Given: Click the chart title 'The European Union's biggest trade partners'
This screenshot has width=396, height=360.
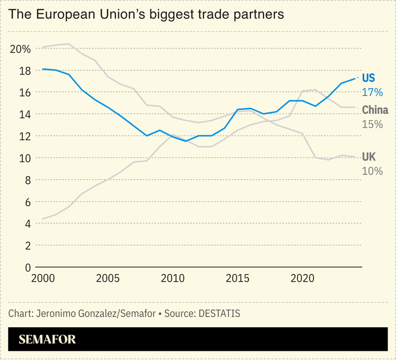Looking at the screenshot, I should pyautogui.click(x=146, y=14).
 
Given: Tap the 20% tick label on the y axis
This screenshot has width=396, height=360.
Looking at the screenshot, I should pyautogui.click(x=20, y=49).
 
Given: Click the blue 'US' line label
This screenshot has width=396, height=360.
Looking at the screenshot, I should pyautogui.click(x=369, y=78).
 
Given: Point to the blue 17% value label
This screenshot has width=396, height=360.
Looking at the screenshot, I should pyautogui.click(x=372, y=92).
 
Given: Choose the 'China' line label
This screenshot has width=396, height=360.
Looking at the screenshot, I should pyautogui.click(x=375, y=111).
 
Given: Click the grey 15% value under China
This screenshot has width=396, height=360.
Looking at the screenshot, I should pyautogui.click(x=372, y=124).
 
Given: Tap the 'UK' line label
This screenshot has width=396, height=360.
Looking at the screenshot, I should pyautogui.click(x=369, y=157).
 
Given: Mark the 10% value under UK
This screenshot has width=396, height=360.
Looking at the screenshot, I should pyautogui.click(x=372, y=171).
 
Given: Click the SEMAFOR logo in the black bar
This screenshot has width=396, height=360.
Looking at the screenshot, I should pyautogui.click(x=47, y=339).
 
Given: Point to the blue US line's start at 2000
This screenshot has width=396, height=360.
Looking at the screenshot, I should pyautogui.click(x=43, y=69).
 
